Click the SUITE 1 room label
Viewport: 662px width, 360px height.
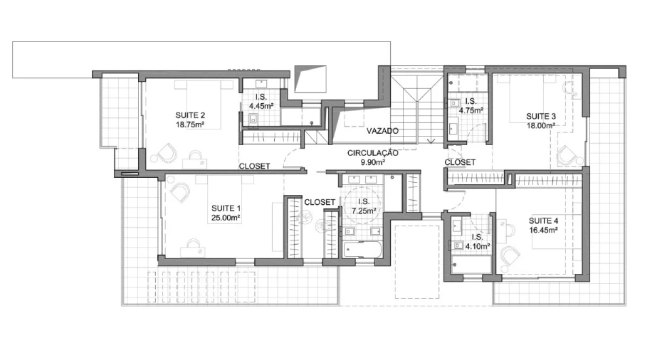[226, 208]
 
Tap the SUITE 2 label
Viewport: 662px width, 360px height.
[190, 115]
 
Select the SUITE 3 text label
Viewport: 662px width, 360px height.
[541, 116]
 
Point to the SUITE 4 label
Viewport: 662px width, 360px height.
[543, 221]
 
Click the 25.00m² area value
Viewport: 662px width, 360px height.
[226, 218]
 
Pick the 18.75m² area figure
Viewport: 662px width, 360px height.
[190, 125]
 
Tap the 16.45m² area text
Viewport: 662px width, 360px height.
[543, 230]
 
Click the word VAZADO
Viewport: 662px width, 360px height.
[382, 131]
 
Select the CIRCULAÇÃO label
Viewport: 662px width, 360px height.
[373, 153]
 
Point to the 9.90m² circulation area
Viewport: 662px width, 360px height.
[373, 162]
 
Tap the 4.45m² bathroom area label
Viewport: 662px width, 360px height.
[261, 106]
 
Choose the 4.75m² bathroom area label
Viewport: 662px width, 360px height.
[471, 110]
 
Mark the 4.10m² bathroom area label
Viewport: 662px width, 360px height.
[478, 246]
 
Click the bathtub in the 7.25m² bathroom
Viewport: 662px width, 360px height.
[362, 250]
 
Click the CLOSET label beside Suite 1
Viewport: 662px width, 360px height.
[320, 203]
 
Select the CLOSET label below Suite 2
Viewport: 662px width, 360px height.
[255, 166]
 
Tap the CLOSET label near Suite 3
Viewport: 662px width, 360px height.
[460, 162]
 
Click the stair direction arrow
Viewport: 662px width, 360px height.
[431, 141]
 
